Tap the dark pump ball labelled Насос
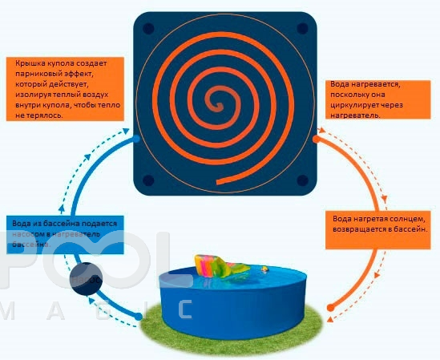(x=86, y=279)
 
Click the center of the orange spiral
(x=218, y=106)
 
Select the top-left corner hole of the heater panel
(x=148, y=29)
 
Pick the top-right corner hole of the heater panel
(x=302, y=29)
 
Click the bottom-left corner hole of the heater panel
(x=148, y=180)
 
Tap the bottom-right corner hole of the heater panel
(x=302, y=180)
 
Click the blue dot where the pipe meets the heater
(x=135, y=139)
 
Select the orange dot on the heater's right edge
(x=316, y=139)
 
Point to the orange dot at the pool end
(x=330, y=308)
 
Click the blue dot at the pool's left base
(x=139, y=317)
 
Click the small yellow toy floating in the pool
(x=264, y=269)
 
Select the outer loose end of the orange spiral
(x=218, y=183)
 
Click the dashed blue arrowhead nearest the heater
(x=126, y=131)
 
